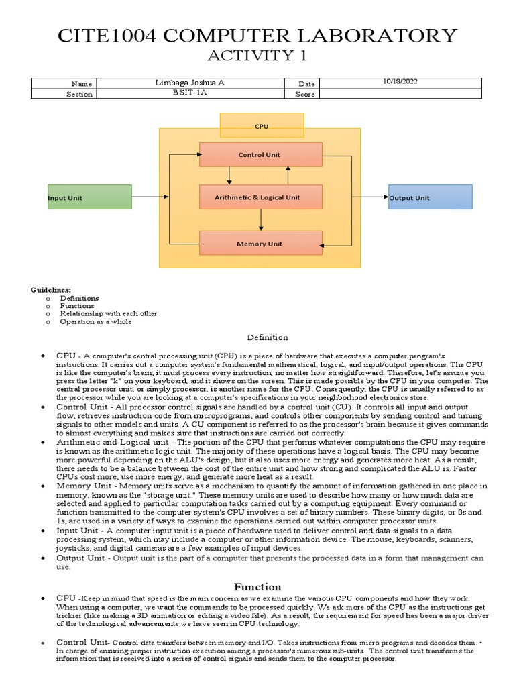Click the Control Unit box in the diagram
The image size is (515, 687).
coord(260,154)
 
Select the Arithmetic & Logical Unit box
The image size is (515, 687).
coord(260,197)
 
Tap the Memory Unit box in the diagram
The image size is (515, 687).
coord(260,243)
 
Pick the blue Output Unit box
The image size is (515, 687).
coord(430,197)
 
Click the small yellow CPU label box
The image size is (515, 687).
coord(262,125)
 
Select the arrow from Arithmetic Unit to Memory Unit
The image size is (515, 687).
coord(261,219)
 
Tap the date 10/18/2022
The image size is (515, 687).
coord(400,82)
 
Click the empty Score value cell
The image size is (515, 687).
coord(400,94)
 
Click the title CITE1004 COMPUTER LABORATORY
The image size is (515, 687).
coord(257,35)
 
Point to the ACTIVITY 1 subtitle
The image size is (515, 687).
coord(257,56)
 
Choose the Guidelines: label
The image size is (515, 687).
coord(50,289)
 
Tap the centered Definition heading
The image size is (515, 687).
coord(267,337)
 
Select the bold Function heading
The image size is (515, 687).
coord(257,586)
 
